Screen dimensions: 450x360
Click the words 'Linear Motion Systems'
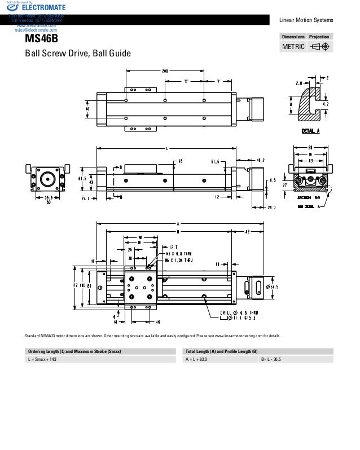(x=306, y=21)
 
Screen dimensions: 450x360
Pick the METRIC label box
(x=293, y=46)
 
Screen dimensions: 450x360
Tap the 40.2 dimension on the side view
(x=261, y=160)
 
